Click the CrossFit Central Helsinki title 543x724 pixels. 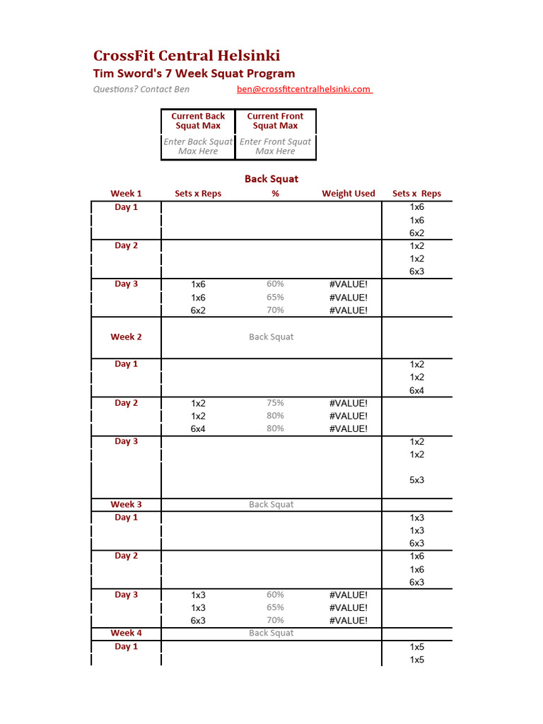click(187, 56)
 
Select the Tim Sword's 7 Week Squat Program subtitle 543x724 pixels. click(194, 74)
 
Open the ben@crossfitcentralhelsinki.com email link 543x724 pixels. click(304, 89)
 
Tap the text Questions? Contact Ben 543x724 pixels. click(141, 89)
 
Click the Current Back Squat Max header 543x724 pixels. click(198, 121)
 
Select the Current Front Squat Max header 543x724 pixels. click(275, 121)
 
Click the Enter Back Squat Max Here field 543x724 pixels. click(198, 146)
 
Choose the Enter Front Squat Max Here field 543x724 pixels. click(275, 146)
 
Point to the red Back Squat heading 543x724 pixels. click(271, 179)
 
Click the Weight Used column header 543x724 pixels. click(349, 194)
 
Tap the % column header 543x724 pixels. click(275, 194)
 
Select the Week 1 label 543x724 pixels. click(126, 194)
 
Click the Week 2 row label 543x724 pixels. click(126, 337)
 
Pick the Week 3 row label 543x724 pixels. click(126, 505)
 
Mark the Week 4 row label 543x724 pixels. click(126, 633)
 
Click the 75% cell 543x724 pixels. click(275, 403)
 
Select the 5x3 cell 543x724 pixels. click(417, 480)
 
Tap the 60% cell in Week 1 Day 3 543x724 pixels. click(275, 284)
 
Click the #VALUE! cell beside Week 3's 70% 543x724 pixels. click(349, 621)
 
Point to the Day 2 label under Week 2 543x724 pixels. click(126, 403)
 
